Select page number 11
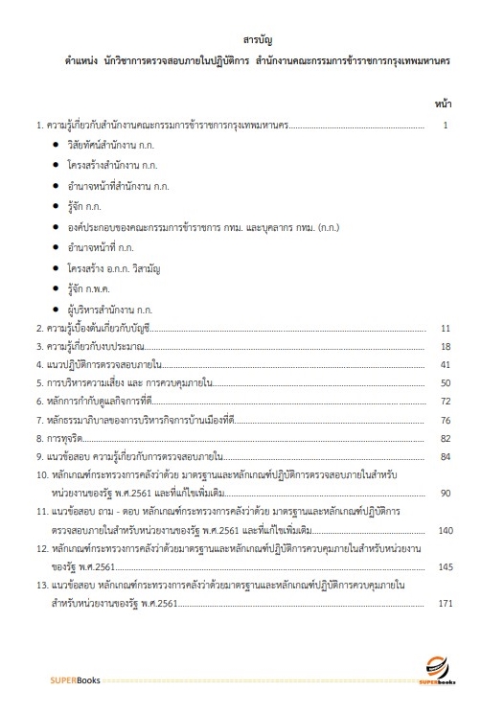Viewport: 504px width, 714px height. pyautogui.click(x=446, y=328)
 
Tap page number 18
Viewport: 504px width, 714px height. pyautogui.click(x=446, y=346)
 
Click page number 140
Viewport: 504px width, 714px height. pyautogui.click(x=444, y=530)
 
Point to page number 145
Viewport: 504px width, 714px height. pyautogui.click(x=444, y=566)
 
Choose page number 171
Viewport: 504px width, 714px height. pyautogui.click(x=444, y=604)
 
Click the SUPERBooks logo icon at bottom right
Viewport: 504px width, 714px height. pyautogui.click(x=435, y=668)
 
